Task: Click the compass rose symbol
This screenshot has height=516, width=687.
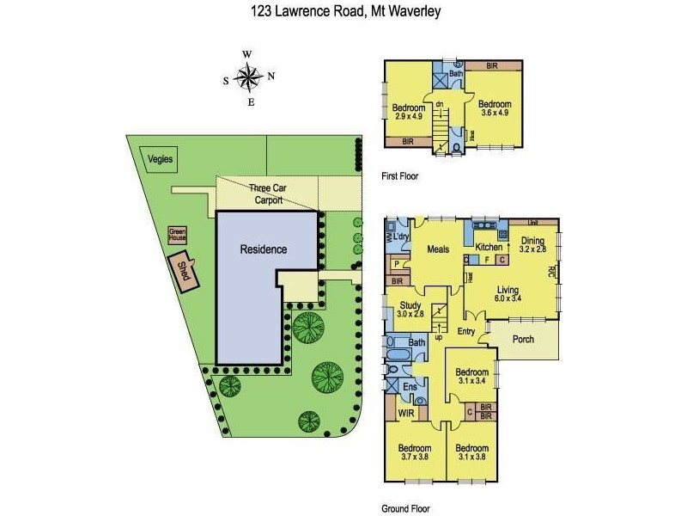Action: (249, 78)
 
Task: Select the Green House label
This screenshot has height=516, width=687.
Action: (177, 232)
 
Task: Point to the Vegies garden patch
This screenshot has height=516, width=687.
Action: (160, 159)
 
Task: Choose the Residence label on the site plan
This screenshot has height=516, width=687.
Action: (263, 249)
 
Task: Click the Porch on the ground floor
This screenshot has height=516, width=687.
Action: (523, 339)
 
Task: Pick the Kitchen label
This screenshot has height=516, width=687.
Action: (488, 247)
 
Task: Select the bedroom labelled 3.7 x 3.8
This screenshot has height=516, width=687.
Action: (413, 452)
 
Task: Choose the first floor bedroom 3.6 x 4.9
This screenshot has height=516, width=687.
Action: (495, 108)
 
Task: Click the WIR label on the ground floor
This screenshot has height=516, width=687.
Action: (407, 415)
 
